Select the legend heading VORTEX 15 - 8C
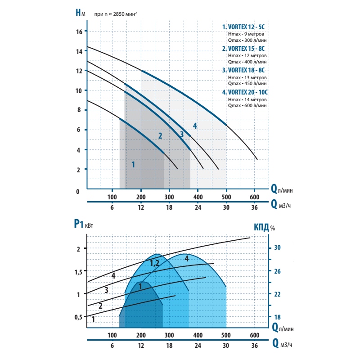tap(244, 48)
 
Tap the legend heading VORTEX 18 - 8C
tap(244, 70)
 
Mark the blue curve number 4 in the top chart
tap(195, 125)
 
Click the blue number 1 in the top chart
tap(133, 164)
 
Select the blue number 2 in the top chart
tap(160, 136)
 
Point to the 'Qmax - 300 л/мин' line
tap(247, 40)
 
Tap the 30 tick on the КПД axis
tap(277, 247)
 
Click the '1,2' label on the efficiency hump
tap(154, 264)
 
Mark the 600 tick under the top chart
tap(254, 198)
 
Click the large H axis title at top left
tap(80, 13)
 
